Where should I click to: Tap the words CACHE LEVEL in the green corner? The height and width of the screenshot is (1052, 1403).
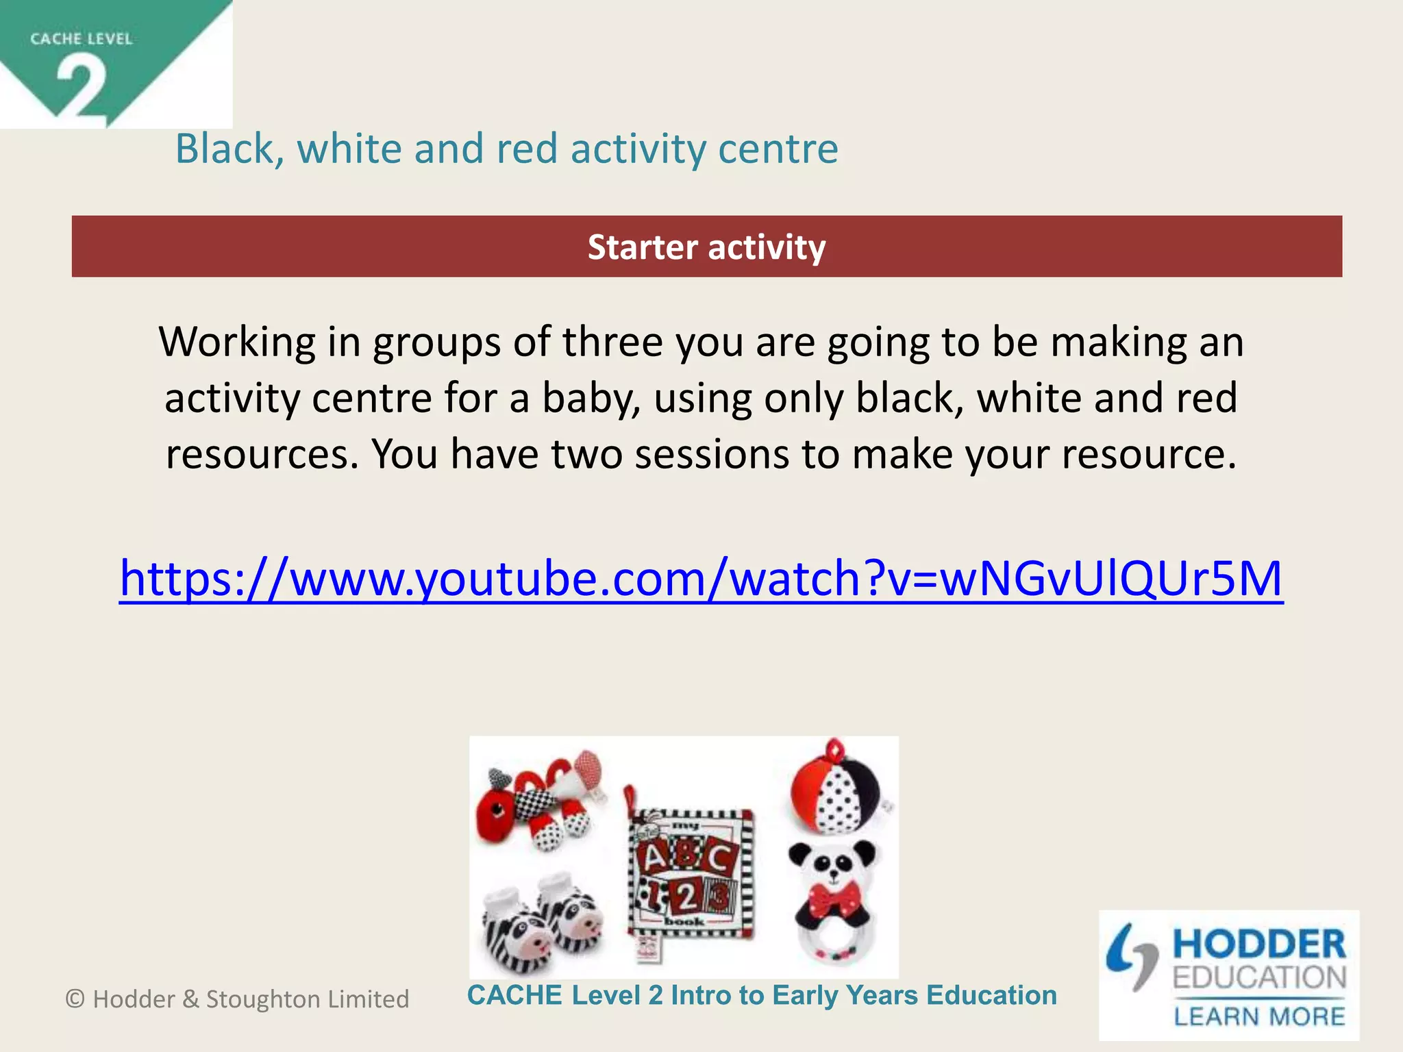tap(81, 39)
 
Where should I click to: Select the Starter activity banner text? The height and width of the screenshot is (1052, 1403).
tap(706, 247)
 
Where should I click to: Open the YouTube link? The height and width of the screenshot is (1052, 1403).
tap(701, 579)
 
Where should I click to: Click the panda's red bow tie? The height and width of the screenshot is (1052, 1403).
tap(834, 899)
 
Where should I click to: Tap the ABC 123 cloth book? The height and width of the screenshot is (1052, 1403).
tap(689, 877)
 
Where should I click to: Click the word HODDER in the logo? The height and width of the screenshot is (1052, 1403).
tap(1259, 944)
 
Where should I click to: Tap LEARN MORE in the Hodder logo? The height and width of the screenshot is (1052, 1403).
tap(1259, 1016)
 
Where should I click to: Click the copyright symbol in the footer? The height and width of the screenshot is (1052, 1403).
tap(75, 999)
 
